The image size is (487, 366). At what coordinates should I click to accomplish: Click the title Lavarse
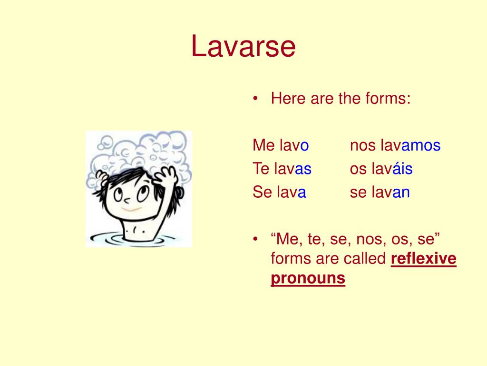[243, 47]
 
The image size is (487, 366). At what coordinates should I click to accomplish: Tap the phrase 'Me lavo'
[281, 145]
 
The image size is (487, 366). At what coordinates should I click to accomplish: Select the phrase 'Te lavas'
[282, 169]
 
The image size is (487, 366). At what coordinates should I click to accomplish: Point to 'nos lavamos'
[395, 145]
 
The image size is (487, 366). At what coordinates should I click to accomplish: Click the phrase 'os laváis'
[381, 169]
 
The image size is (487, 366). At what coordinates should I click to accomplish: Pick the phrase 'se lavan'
[380, 193]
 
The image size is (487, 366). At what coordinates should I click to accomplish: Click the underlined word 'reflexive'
[423, 259]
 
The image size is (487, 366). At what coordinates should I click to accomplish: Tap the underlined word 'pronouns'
[308, 278]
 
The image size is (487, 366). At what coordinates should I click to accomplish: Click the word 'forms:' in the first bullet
[388, 99]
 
